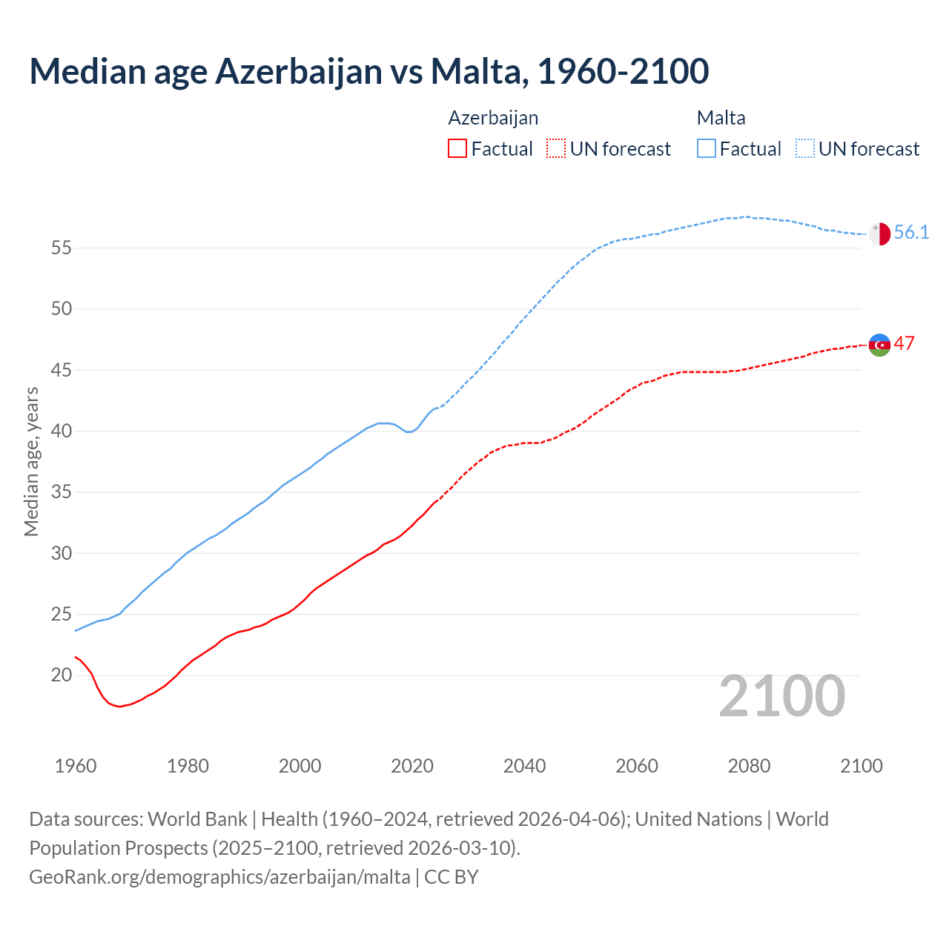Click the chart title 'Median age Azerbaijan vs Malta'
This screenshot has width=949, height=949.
[368, 71]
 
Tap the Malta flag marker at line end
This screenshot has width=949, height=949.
[879, 234]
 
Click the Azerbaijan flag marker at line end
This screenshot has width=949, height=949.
[879, 345]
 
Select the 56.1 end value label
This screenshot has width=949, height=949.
[911, 233]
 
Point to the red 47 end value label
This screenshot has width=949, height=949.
[904, 343]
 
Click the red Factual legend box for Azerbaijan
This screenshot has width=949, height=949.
[457, 149]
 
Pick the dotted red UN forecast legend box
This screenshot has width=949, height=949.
[555, 149]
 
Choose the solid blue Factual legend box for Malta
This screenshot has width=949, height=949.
[706, 149]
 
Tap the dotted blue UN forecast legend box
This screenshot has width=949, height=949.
[804, 149]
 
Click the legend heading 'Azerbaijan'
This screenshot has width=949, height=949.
[493, 118]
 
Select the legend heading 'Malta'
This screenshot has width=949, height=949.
[721, 118]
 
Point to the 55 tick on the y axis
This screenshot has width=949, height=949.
[62, 248]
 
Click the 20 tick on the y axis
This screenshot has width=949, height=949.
[62, 675]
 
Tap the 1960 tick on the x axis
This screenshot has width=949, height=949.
[76, 766]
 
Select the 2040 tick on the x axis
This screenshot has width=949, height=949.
[524, 766]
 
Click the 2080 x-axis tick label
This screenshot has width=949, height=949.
[749, 766]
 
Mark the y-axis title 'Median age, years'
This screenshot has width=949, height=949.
[31, 461]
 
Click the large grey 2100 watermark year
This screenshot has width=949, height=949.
[781, 696]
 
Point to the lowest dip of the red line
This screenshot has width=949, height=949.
[119, 707]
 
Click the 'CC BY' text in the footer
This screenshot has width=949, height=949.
[452, 877]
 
